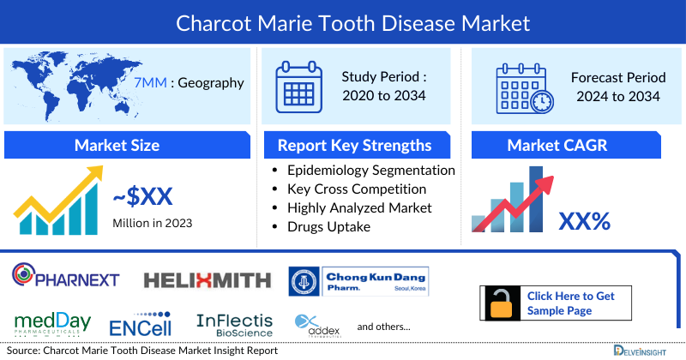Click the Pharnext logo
[66, 278]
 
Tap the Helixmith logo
[207, 279]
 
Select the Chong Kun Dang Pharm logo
[358, 281]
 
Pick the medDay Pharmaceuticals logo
[52, 323]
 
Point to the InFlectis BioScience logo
[234, 324]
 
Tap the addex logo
[318, 325]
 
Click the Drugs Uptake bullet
[328, 226]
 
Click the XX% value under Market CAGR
[584, 221]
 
